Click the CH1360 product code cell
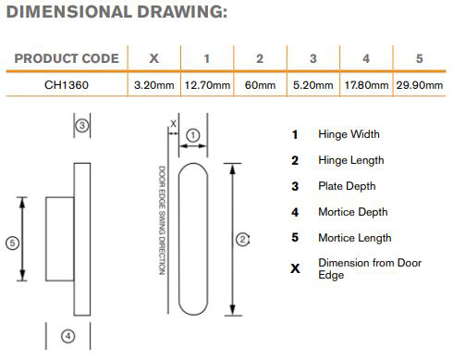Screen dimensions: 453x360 click(67, 85)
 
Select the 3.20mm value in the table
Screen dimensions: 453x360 click(154, 85)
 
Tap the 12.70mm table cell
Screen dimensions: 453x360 click(207, 85)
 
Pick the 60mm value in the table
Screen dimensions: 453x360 click(260, 85)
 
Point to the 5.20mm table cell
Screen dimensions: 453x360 click(313, 85)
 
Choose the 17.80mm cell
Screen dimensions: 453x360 click(366, 85)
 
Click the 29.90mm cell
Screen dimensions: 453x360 click(420, 85)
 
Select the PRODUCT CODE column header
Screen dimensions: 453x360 click(67, 58)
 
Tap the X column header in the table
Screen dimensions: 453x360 click(153, 58)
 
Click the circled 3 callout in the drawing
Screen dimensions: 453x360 click(82, 126)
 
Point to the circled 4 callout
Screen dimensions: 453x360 click(68, 336)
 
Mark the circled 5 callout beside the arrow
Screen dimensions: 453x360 click(12, 242)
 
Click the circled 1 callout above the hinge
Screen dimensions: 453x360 click(193, 135)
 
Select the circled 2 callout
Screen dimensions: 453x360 click(242, 240)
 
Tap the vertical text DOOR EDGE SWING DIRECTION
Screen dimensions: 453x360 click(162, 220)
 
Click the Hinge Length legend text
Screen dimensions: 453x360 click(351, 160)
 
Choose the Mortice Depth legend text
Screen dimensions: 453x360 click(353, 212)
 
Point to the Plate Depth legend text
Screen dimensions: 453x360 click(347, 186)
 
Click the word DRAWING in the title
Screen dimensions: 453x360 click(182, 12)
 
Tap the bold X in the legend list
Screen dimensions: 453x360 click(295, 268)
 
